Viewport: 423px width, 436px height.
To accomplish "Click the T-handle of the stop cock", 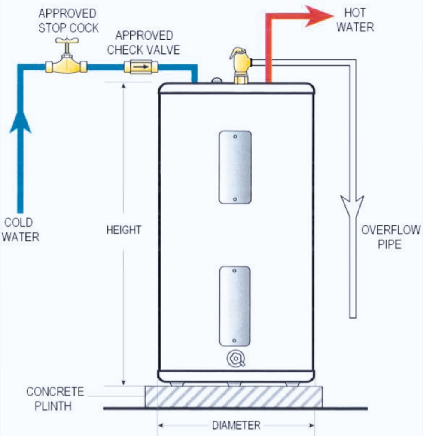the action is pos(67,41).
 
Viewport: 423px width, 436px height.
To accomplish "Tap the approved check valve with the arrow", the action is pos(141,67).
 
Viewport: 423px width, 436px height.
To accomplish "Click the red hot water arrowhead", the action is pos(319,16).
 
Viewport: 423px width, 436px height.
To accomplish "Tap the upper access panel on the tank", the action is pos(235,167).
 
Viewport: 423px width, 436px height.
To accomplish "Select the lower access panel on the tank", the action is pos(234,306).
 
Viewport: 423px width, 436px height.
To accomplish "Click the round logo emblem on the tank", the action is pos(236,359).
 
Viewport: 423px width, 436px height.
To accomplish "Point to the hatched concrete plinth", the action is pos(234,397).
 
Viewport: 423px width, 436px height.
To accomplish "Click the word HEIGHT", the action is pos(124,230).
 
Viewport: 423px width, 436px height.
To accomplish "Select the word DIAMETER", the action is pos(236,425).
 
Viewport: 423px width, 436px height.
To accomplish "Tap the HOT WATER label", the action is pos(355,20).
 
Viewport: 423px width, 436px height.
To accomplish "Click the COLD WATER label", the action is pos(20,230).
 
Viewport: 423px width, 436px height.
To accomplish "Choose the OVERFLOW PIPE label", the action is pos(390,237).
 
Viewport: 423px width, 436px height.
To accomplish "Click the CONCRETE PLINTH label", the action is pos(54,399).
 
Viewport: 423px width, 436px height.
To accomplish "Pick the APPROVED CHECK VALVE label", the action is pos(143,43).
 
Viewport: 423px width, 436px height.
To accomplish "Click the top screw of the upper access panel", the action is pos(235,136).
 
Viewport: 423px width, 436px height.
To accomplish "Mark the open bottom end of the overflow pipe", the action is pos(353,317).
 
